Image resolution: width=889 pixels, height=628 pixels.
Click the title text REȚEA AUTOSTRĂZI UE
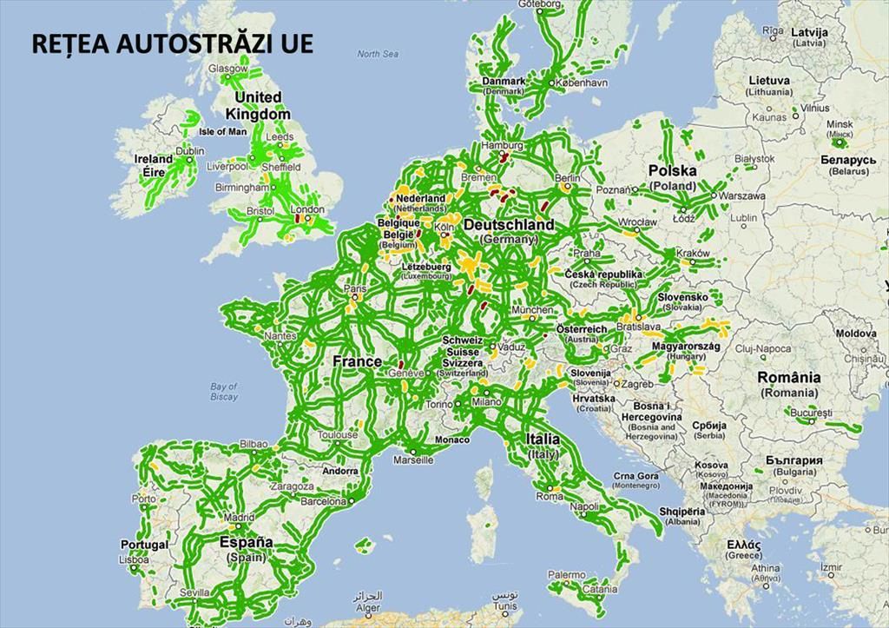click(x=172, y=45)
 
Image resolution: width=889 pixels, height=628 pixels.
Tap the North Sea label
click(x=378, y=54)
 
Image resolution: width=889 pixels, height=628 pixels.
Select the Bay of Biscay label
click(x=223, y=392)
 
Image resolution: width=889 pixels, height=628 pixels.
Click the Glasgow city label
click(x=228, y=69)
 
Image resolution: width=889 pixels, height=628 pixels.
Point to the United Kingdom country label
click(x=258, y=105)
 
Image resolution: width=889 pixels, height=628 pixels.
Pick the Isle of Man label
click(x=223, y=132)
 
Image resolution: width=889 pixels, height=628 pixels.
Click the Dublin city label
click(x=190, y=151)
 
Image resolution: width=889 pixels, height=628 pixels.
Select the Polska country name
click(x=673, y=171)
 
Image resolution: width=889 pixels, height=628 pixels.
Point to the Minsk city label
click(x=840, y=124)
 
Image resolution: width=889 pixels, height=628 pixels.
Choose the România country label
click(x=788, y=378)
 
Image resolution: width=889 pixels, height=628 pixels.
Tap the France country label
click(x=358, y=361)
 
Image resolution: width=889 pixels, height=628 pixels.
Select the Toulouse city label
click(x=338, y=435)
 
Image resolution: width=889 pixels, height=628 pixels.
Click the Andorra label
click(x=339, y=471)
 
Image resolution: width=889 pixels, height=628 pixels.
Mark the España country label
click(x=247, y=543)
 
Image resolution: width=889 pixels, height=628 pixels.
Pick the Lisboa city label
click(x=135, y=560)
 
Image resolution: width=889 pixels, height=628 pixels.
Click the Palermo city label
click(x=566, y=575)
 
